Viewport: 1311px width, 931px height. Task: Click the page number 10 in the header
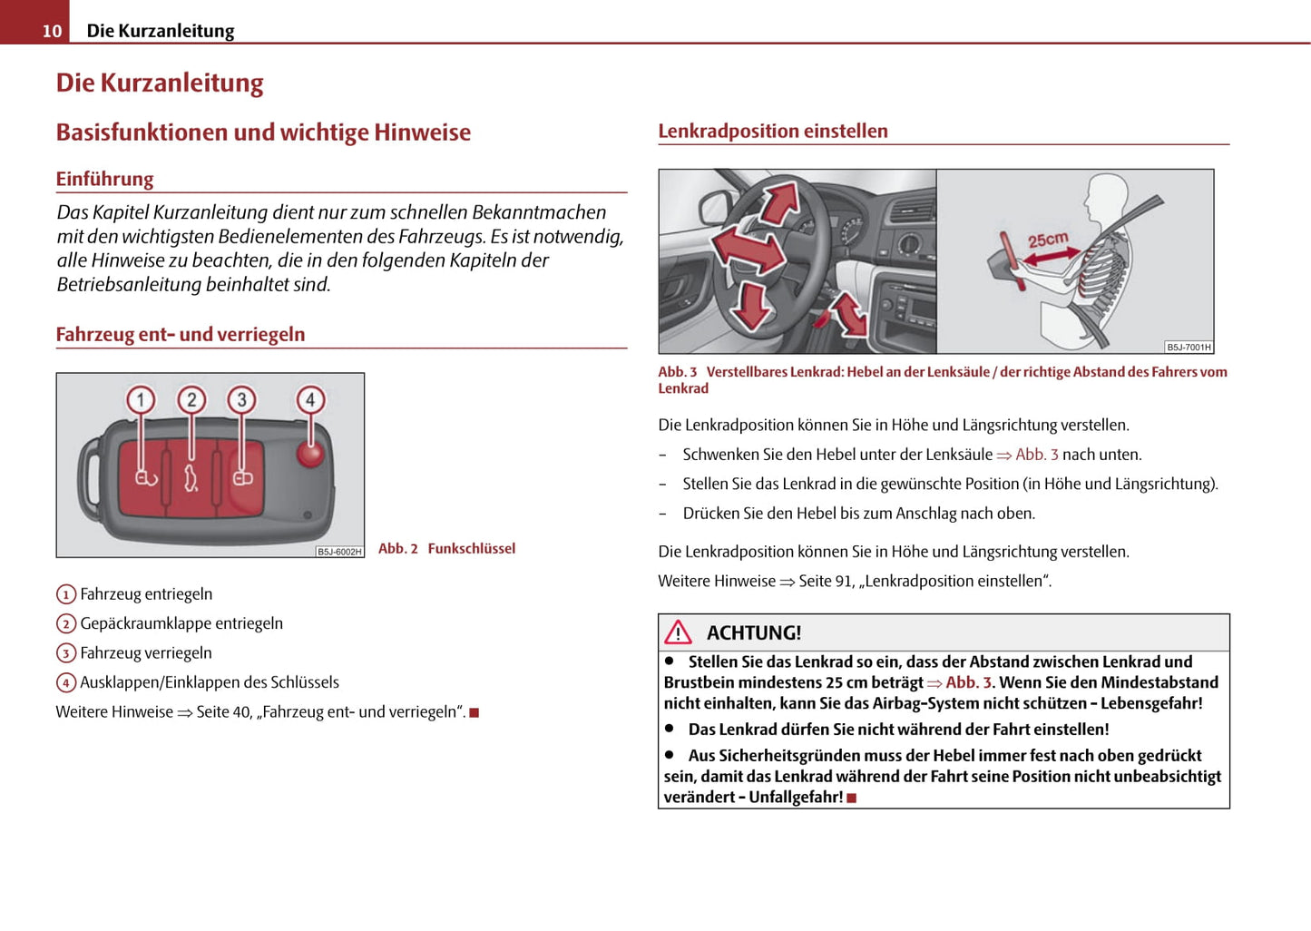(x=52, y=31)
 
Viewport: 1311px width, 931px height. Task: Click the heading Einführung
(x=104, y=179)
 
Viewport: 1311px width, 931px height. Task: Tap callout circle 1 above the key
(x=141, y=400)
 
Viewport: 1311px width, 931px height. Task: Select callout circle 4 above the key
(x=310, y=400)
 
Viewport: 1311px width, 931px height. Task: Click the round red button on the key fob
(x=310, y=455)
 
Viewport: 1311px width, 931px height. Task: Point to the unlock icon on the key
(x=146, y=479)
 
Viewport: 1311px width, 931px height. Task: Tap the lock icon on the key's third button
(x=243, y=479)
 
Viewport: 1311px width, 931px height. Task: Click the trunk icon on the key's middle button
(x=191, y=478)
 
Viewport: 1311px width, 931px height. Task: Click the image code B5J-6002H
(x=339, y=552)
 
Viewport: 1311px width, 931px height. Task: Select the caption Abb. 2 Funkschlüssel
(x=446, y=549)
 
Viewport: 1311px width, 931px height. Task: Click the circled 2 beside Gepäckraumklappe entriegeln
(x=65, y=623)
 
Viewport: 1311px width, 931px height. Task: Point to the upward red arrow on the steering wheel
(x=779, y=202)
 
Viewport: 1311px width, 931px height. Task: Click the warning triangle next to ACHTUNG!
(x=678, y=632)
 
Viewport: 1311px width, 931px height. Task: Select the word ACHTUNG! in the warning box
(x=754, y=633)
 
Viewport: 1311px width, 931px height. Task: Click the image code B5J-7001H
(x=1189, y=348)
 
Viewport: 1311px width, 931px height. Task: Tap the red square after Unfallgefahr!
(x=852, y=798)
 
